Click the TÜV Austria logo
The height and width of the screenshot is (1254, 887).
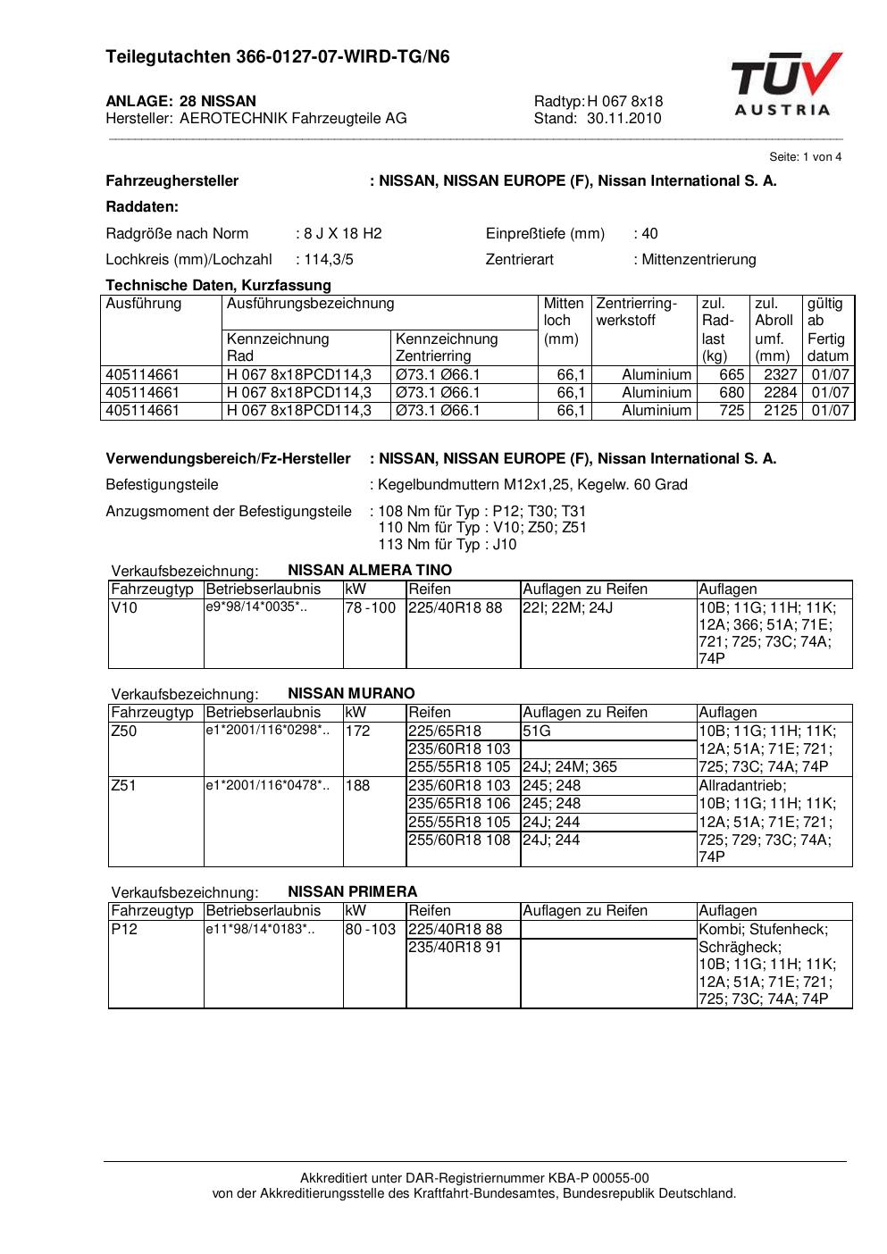(x=786, y=85)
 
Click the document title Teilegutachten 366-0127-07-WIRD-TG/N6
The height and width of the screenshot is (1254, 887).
(x=278, y=57)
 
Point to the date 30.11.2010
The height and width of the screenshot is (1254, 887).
(x=624, y=118)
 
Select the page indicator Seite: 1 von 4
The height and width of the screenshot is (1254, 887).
(x=805, y=157)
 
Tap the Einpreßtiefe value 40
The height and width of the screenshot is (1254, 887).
(x=649, y=234)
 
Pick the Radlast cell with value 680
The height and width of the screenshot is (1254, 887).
(x=732, y=393)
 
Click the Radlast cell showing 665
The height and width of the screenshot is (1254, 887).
(x=732, y=375)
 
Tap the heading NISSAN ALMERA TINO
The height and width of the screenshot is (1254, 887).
(x=370, y=570)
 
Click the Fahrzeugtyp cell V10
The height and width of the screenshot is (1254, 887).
(x=124, y=608)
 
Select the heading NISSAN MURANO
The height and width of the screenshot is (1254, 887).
(x=351, y=693)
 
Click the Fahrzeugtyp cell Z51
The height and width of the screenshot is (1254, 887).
(x=124, y=786)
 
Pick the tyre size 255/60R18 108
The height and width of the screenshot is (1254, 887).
(x=459, y=840)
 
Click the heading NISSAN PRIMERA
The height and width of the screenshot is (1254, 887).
(x=352, y=891)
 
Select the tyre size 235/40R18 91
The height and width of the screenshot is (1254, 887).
(x=455, y=947)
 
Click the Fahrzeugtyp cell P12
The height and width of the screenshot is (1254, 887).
(x=124, y=930)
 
